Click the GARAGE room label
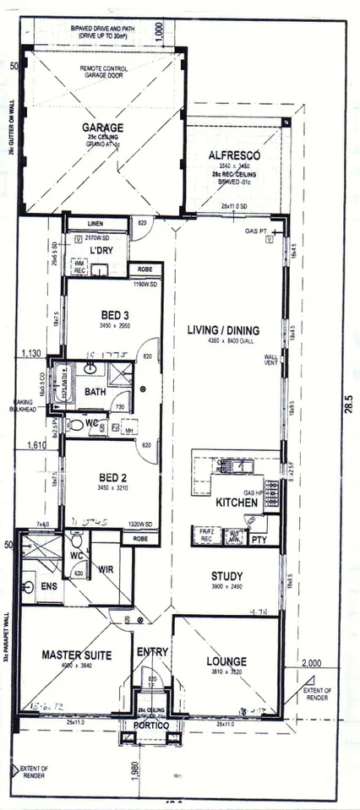click(102, 128)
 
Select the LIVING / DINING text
click(222, 329)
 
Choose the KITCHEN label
click(236, 503)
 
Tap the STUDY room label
click(226, 577)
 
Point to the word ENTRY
click(153, 651)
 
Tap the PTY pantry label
click(259, 538)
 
